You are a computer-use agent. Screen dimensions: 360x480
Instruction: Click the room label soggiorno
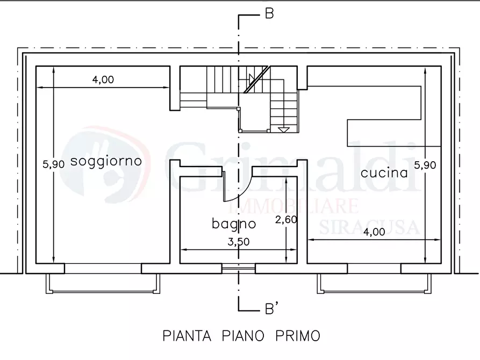pos(106,161)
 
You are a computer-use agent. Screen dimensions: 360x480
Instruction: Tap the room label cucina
pos(384,173)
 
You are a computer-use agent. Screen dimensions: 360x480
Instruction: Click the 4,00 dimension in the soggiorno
pos(103,80)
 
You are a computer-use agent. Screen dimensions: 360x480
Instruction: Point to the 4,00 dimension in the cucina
pos(374,232)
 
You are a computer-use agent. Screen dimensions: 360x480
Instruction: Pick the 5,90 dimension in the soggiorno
pos(53,165)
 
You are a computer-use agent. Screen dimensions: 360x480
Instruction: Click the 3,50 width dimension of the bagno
pos(238,242)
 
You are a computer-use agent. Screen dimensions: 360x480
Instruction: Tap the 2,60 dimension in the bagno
pos(286,220)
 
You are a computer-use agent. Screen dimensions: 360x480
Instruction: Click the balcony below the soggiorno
pos(103,283)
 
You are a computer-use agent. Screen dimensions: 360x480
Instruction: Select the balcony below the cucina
pos(374,283)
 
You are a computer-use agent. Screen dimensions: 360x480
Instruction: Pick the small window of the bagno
pos(239,268)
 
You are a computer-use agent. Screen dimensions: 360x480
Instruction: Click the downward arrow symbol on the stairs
pos(284,129)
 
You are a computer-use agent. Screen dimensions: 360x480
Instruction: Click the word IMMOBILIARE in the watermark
pos(294,206)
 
